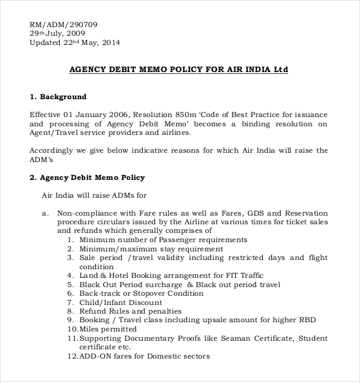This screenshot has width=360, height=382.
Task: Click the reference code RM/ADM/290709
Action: [x=63, y=25]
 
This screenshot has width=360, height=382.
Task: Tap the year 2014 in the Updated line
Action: [x=110, y=43]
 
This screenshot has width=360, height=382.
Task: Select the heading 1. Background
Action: [x=58, y=97]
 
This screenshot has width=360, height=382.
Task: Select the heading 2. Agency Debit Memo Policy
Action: [x=87, y=177]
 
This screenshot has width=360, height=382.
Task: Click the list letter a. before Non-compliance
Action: [x=44, y=213]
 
